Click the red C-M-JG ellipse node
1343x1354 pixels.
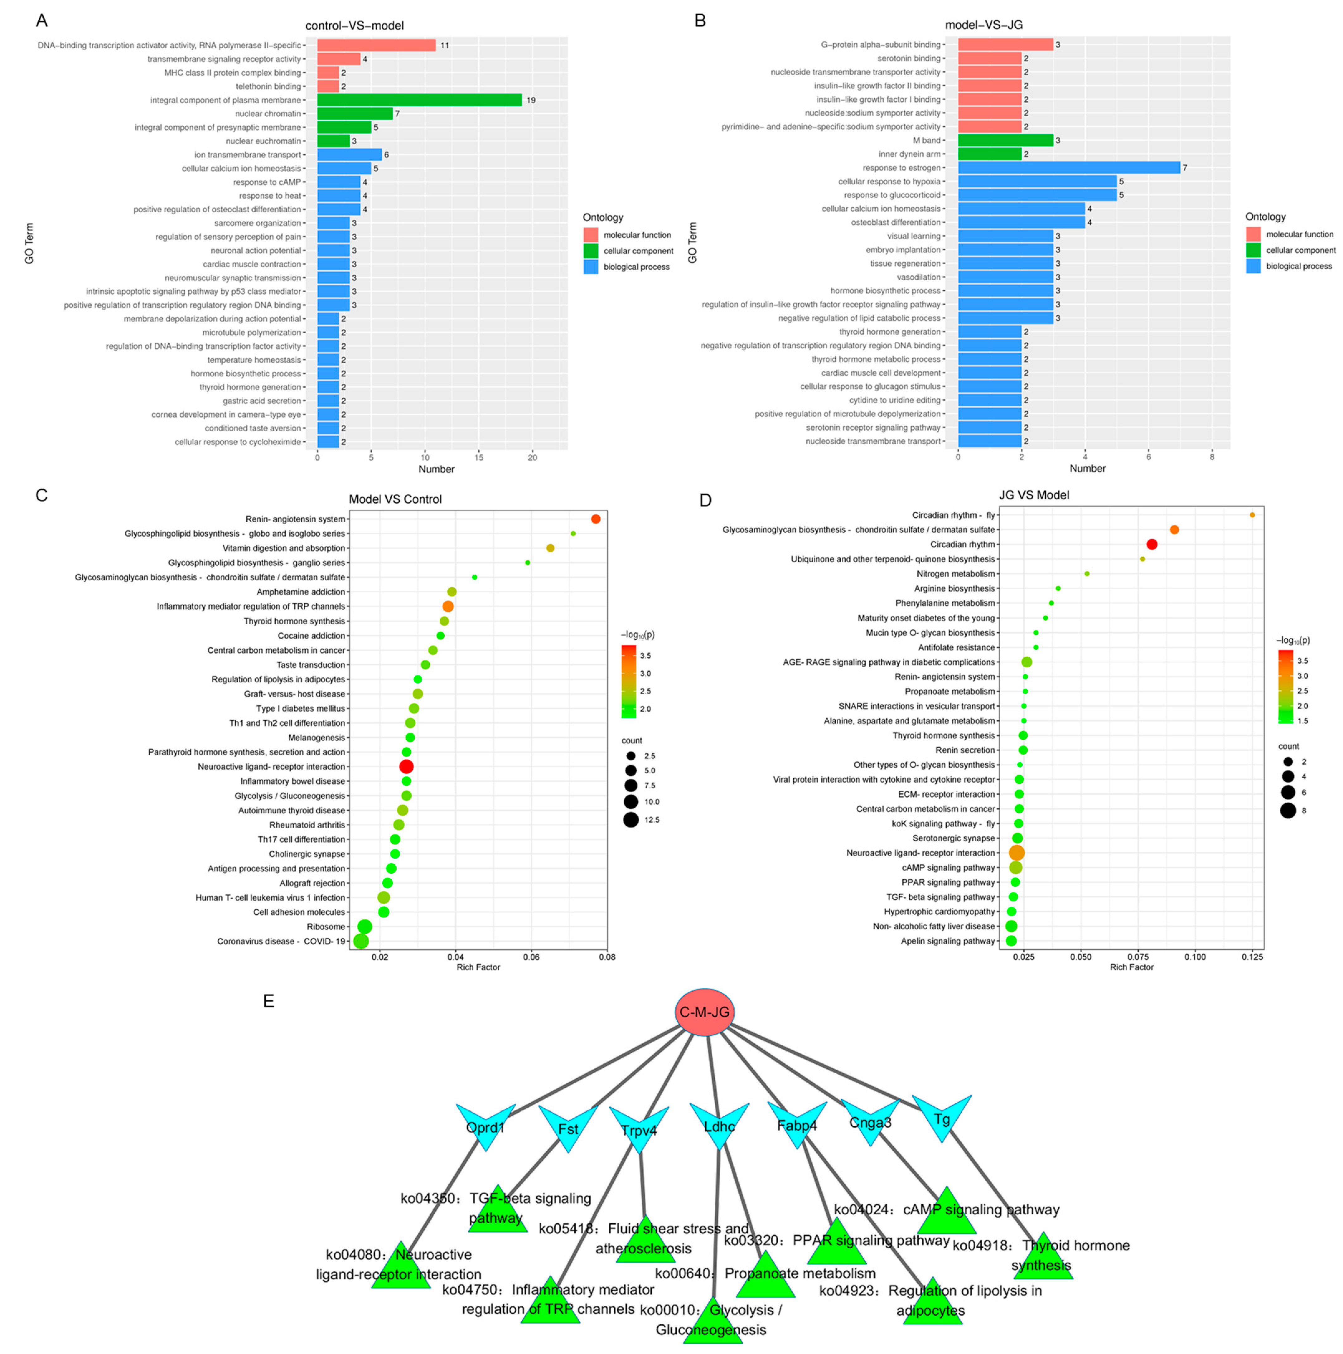point(704,1012)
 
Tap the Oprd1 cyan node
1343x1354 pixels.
point(485,1126)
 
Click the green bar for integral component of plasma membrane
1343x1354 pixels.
point(419,100)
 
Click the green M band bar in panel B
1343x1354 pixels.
point(1005,140)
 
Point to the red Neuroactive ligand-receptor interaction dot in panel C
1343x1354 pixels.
point(406,767)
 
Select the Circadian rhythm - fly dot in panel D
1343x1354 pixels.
point(1252,515)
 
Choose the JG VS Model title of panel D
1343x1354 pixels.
point(1034,495)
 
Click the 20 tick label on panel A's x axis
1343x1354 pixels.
point(532,458)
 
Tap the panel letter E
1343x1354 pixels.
point(268,1001)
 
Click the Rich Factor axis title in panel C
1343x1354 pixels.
point(478,967)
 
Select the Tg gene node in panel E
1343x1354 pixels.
point(941,1119)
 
